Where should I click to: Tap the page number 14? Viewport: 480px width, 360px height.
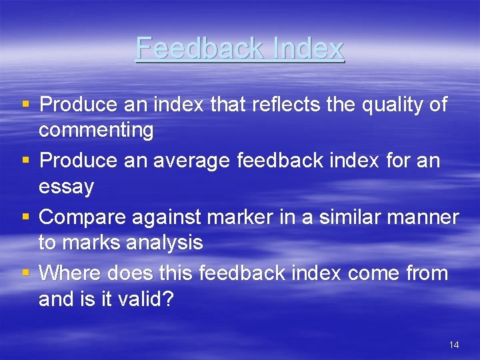(x=454, y=345)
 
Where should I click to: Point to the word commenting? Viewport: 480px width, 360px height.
(x=96, y=130)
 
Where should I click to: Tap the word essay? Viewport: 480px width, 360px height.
(x=66, y=187)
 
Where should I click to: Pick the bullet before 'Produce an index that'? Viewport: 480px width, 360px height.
(x=25, y=105)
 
